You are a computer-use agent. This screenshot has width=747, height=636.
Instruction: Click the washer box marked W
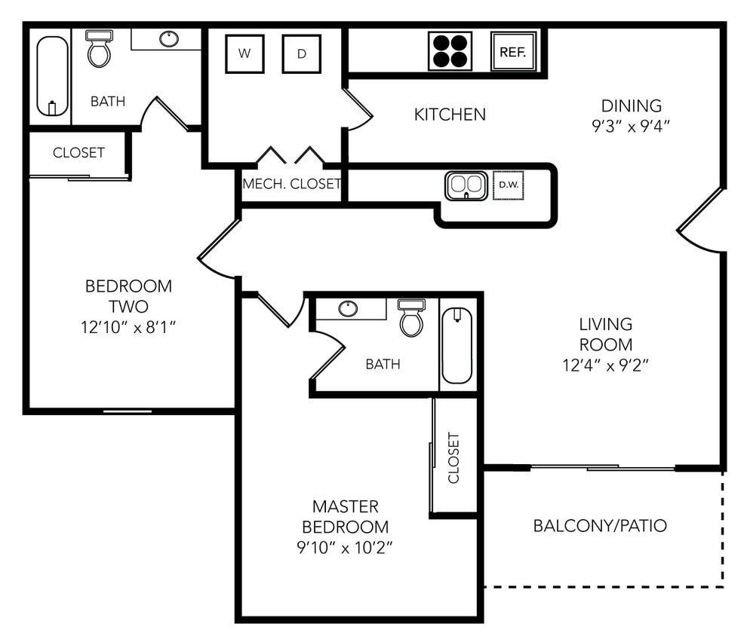click(x=245, y=54)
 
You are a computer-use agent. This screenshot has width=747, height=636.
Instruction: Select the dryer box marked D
click(x=301, y=54)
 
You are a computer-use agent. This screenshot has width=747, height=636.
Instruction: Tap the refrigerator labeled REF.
click(x=513, y=52)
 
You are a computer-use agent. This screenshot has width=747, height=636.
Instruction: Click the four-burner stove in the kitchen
click(x=450, y=51)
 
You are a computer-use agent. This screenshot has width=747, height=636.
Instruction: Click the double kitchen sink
click(x=466, y=185)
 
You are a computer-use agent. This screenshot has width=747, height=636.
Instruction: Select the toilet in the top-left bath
click(x=99, y=49)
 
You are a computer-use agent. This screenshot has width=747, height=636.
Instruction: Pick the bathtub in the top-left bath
click(x=52, y=76)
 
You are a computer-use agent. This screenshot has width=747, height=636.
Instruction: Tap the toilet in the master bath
click(x=411, y=318)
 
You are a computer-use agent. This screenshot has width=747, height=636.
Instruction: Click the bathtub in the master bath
click(x=456, y=345)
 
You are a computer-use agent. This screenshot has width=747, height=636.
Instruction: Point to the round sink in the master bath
click(x=348, y=308)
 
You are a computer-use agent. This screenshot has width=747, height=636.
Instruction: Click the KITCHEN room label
click(x=450, y=115)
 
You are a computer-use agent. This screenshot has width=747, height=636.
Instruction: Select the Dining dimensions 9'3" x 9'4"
click(x=631, y=126)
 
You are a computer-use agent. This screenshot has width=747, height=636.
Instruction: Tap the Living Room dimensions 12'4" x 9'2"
click(x=604, y=365)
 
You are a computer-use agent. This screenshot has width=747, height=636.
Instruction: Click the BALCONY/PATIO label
click(x=600, y=525)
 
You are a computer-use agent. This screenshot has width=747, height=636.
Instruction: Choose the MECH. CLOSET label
click(x=291, y=184)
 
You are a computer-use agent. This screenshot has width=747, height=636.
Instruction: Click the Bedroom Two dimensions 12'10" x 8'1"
click(x=128, y=326)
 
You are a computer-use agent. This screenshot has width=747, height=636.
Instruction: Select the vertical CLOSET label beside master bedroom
click(x=453, y=457)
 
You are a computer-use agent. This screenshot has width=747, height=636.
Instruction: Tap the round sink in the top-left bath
click(x=169, y=38)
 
